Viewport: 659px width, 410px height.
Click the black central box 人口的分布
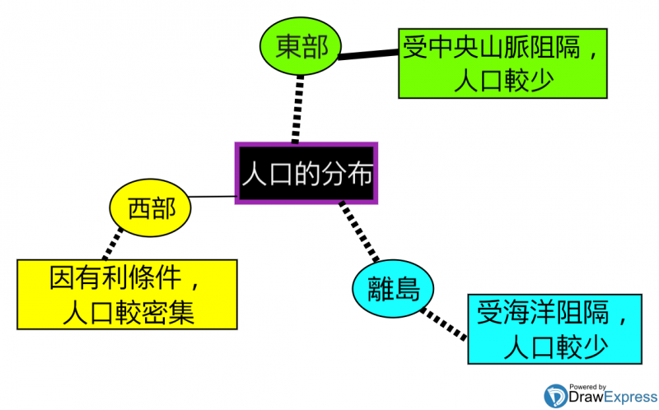point(306,173)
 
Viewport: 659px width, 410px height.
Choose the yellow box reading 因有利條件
point(126,294)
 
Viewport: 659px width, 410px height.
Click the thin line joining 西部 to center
point(212,198)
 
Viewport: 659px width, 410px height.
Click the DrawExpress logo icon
point(556,398)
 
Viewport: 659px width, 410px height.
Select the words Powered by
point(587,386)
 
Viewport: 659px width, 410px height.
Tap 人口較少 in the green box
point(502,82)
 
